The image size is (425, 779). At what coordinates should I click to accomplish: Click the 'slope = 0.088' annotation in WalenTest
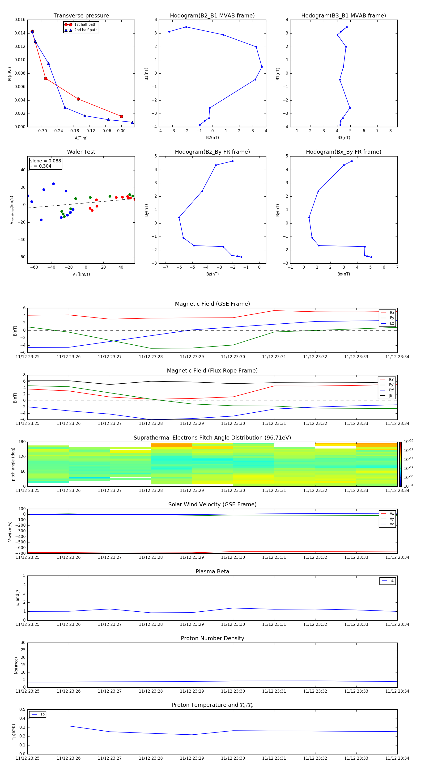[45, 161]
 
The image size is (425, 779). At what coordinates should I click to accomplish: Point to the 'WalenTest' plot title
[81, 152]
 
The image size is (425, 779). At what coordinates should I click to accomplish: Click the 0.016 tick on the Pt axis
[20, 20]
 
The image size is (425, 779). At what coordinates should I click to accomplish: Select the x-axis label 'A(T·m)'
[81, 138]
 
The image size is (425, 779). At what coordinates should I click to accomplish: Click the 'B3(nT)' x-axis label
[344, 138]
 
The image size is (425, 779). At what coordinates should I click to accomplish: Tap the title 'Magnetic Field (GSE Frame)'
[212, 304]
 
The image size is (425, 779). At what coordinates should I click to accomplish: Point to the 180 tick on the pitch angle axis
[22, 442]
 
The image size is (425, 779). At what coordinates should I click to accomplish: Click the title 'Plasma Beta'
[212, 572]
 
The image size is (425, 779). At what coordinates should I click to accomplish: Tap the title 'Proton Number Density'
[212, 638]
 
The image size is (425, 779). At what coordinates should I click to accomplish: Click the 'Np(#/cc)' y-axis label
[16, 665]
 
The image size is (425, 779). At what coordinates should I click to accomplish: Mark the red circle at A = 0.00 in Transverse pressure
[121, 116]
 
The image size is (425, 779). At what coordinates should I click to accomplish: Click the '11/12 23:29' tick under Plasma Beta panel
[192, 624]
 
